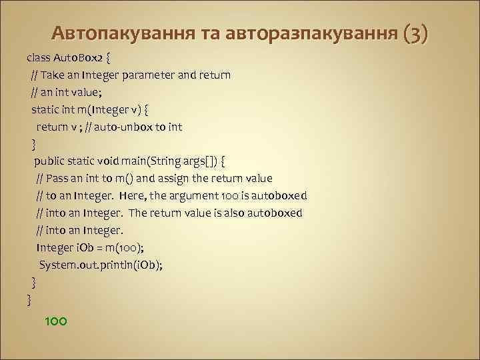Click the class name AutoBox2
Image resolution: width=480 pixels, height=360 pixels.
click(x=77, y=57)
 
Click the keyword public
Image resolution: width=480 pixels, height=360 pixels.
click(x=49, y=161)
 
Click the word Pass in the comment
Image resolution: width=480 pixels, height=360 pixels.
click(x=59, y=179)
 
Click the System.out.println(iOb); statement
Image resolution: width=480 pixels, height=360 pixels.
click(x=101, y=265)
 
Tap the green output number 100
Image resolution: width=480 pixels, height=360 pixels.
click(x=55, y=321)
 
